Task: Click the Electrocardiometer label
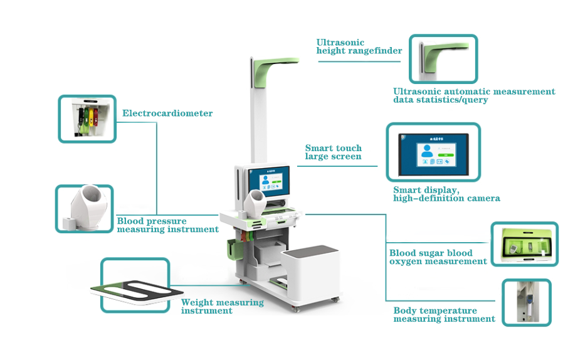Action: [x=167, y=114]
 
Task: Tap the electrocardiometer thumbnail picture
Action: [x=87, y=118]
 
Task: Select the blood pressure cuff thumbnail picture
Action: [x=84, y=208]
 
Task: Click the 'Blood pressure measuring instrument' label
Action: [x=167, y=225]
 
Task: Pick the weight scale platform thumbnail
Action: [x=135, y=285]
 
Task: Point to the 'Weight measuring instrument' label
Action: [x=222, y=306]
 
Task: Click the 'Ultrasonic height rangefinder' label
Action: [x=359, y=47]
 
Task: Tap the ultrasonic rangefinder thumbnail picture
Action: [x=443, y=59]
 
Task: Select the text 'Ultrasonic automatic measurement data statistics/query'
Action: [x=473, y=95]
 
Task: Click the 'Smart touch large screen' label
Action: [x=334, y=152]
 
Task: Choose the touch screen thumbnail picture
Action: [x=433, y=152]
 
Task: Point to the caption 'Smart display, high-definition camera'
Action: [x=446, y=194]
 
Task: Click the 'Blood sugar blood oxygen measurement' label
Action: [x=438, y=257]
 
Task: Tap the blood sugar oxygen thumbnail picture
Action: [x=524, y=244]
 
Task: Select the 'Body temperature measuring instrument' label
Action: [x=444, y=315]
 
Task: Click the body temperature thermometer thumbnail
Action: [x=526, y=302]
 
